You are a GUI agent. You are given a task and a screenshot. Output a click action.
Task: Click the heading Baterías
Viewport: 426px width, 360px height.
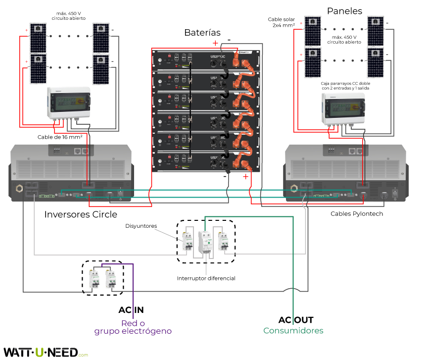pyautogui.click(x=202, y=33)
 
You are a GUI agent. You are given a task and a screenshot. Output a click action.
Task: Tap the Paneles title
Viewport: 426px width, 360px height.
pyautogui.click(x=344, y=11)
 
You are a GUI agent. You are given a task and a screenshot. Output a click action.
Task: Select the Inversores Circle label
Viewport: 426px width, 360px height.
pyautogui.click(x=81, y=214)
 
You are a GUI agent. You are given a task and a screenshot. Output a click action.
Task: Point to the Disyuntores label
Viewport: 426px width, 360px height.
pyautogui.click(x=141, y=226)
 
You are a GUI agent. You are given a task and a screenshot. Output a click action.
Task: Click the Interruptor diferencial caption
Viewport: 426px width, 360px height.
pyautogui.click(x=206, y=278)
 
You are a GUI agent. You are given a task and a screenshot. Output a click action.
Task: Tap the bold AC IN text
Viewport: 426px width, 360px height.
pyautogui.click(x=131, y=310)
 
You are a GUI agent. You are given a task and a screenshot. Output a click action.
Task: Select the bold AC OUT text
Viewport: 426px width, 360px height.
pyautogui.click(x=295, y=320)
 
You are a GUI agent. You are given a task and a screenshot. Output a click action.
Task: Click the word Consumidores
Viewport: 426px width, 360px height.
pyautogui.click(x=293, y=330)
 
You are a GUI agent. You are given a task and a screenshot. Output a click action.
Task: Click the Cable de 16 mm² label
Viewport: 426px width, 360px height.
pyautogui.click(x=60, y=137)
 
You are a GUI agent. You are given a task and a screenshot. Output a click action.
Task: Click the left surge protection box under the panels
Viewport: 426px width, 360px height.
pyautogui.click(x=69, y=103)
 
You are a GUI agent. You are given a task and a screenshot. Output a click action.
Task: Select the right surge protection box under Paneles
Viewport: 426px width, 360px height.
pyautogui.click(x=344, y=108)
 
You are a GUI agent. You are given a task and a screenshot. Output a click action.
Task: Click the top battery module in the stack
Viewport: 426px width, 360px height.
pyautogui.click(x=203, y=59)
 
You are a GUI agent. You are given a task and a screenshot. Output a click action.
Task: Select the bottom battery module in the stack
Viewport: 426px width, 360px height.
pyautogui.click(x=203, y=161)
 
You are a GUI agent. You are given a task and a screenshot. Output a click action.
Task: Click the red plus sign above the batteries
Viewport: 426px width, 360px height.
pyautogui.click(x=215, y=43)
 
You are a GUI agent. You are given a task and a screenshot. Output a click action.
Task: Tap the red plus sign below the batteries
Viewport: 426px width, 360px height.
pyautogui.click(x=245, y=176)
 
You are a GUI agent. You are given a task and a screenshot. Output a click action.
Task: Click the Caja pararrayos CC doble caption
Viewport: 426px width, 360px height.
pyautogui.click(x=345, y=86)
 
